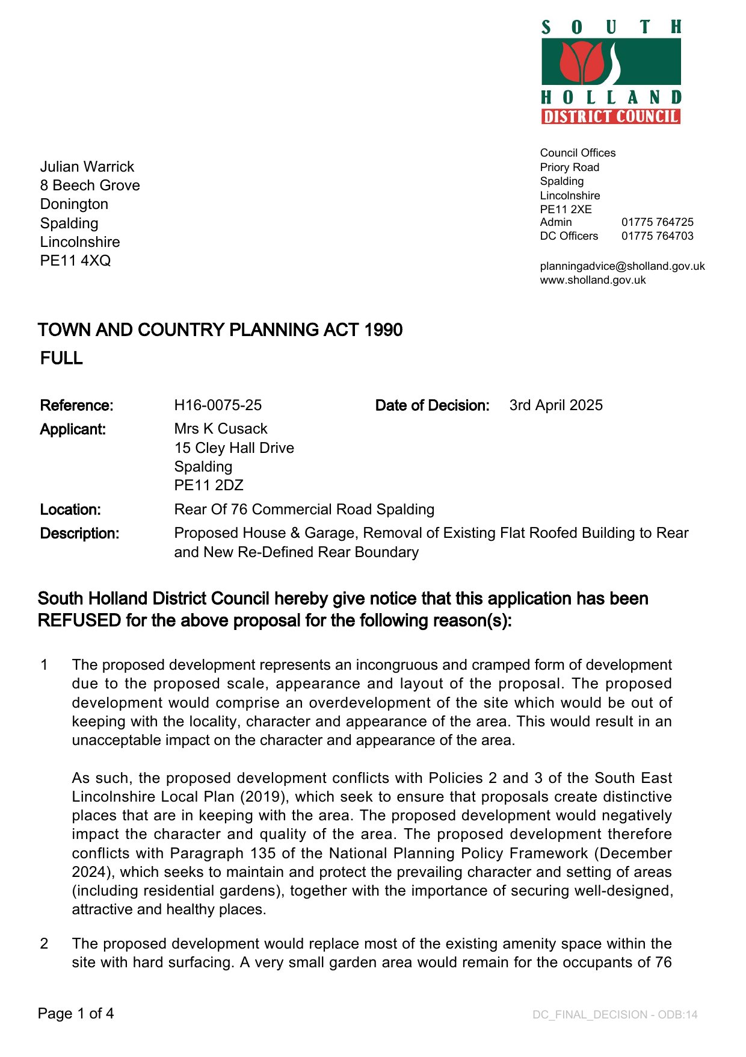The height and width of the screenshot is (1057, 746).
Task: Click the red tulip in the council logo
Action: pos(581,62)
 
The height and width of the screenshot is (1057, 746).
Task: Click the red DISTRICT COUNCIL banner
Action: pos(611,116)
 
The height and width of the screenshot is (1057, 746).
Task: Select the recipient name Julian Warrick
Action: pos(87,167)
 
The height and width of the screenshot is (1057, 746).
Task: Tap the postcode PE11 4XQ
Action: pos(75,261)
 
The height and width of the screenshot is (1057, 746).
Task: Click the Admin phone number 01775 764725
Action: pos(657,222)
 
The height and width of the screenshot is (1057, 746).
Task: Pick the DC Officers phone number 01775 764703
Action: pos(657,236)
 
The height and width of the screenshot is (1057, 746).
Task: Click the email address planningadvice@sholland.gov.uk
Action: pos(622,266)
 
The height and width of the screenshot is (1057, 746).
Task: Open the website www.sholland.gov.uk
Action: pos(593,280)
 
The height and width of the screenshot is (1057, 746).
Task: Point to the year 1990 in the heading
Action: pos(383,330)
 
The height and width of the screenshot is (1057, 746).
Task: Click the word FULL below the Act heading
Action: pos(61,358)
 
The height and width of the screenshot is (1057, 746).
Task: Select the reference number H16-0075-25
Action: pos(218,405)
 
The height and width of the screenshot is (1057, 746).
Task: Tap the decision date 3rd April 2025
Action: pos(556,405)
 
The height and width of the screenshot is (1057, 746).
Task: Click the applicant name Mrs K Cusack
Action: pos(221,429)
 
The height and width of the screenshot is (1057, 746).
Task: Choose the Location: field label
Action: pos(70,510)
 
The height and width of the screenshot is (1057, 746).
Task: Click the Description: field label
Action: pos(79,534)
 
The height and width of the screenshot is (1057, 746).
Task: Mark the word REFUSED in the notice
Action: pos(79,621)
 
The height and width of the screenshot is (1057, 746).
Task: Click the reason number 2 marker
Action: pos(44,944)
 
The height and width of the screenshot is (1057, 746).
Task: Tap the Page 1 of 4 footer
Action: pos(76,1014)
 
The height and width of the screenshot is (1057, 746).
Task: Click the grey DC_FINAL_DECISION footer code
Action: pos(615,1015)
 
